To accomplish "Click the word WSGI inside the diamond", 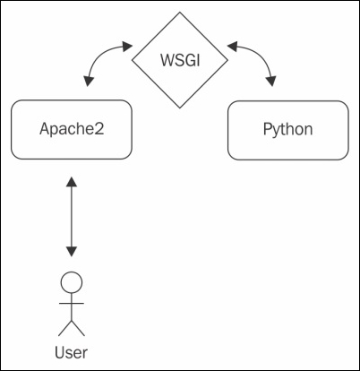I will pos(179,62).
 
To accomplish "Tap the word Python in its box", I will pos(287,129).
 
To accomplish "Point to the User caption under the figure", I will pos(71,350).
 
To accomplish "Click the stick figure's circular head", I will pos(71,283).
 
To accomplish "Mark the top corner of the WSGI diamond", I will pos(179,15).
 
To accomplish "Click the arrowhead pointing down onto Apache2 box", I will pos(88,83).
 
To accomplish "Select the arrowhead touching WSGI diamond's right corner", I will pos(231,43).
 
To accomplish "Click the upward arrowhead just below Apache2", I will pos(71,182).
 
